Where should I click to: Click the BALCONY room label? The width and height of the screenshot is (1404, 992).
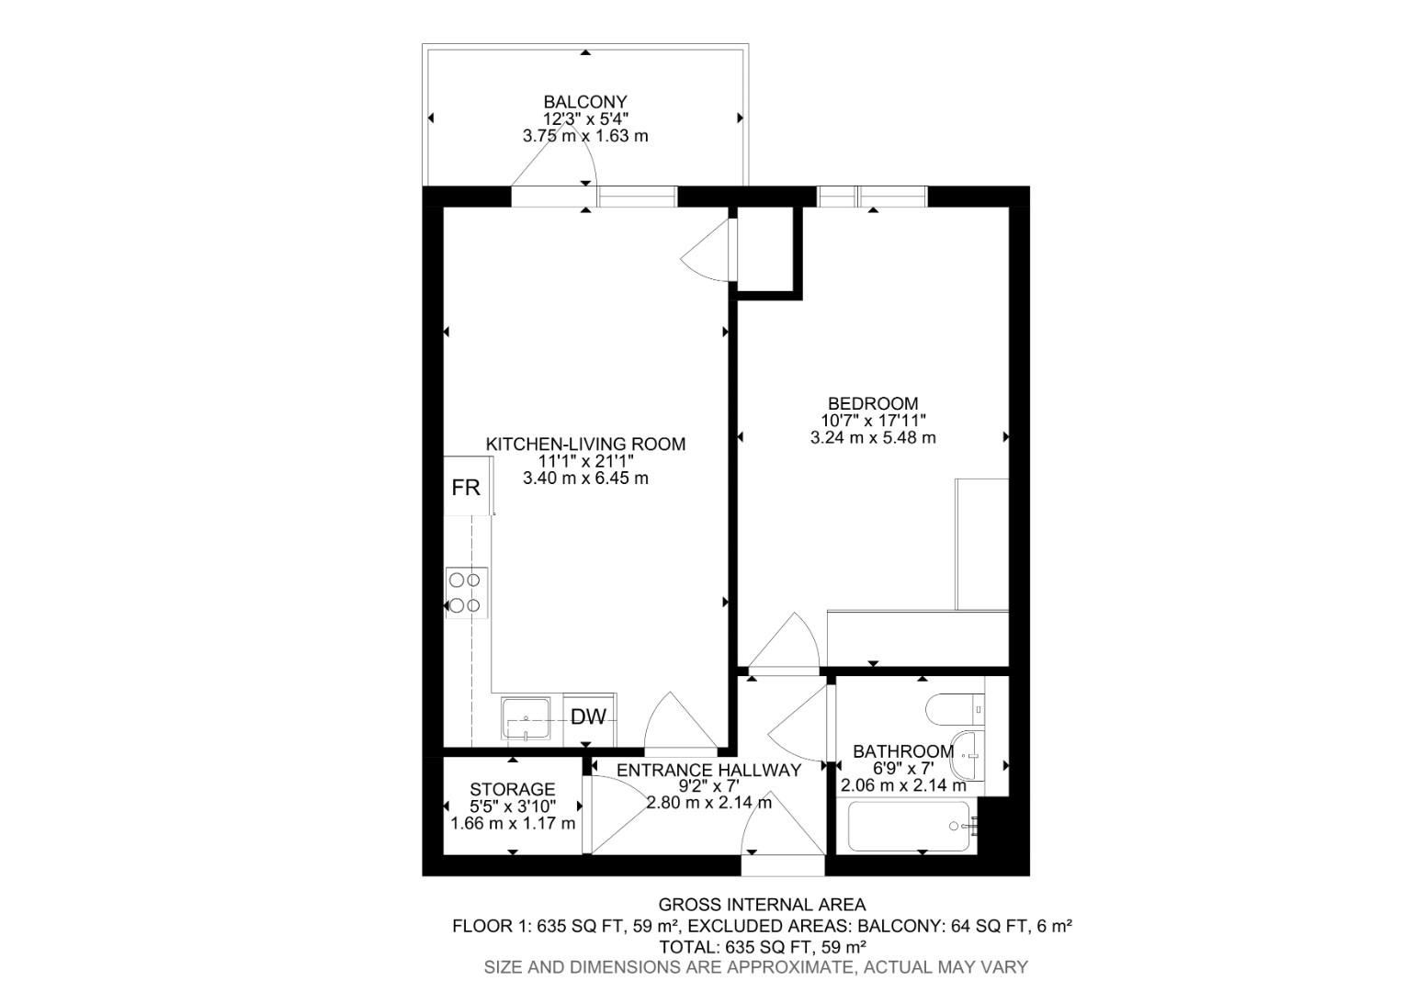click(584, 102)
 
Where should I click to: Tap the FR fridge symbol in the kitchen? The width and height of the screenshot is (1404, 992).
click(466, 488)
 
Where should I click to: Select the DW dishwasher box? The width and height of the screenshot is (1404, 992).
click(589, 717)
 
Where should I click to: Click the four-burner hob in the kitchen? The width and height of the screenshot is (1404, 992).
click(466, 592)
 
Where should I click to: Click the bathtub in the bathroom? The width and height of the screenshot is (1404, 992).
click(910, 826)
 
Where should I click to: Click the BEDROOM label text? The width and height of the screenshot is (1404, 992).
click(873, 403)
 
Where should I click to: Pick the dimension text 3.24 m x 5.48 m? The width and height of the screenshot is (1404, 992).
click(873, 438)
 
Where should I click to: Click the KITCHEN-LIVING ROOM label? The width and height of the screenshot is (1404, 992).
click(585, 445)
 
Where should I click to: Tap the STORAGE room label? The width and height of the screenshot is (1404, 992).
click(512, 790)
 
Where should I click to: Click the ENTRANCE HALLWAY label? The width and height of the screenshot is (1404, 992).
click(708, 771)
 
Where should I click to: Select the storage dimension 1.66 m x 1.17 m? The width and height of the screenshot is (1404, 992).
click(513, 823)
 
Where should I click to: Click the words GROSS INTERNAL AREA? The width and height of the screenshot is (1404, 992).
click(762, 906)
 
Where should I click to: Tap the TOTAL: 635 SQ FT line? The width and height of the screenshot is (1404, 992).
click(762, 946)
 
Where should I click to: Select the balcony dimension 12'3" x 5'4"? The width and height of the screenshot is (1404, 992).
click(585, 118)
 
